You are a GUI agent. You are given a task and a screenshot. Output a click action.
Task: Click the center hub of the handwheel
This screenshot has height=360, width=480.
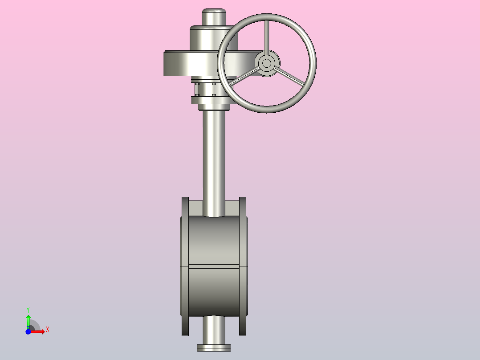(x=267, y=63)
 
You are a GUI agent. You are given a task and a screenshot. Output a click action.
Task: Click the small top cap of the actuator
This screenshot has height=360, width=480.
(x=214, y=17)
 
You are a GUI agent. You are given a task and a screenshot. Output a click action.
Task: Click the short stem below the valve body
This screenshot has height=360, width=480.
(x=214, y=330)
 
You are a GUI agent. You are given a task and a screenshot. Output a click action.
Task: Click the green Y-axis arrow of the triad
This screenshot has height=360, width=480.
(x=28, y=319)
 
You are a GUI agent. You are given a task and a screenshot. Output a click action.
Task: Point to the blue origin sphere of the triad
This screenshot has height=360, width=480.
(x=28, y=332)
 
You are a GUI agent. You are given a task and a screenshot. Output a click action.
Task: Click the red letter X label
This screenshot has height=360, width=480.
(x=47, y=330)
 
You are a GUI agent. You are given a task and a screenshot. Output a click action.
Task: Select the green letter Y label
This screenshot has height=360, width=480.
(x=28, y=309)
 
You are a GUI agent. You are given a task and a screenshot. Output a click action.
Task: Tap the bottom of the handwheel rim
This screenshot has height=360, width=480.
(x=267, y=109)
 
